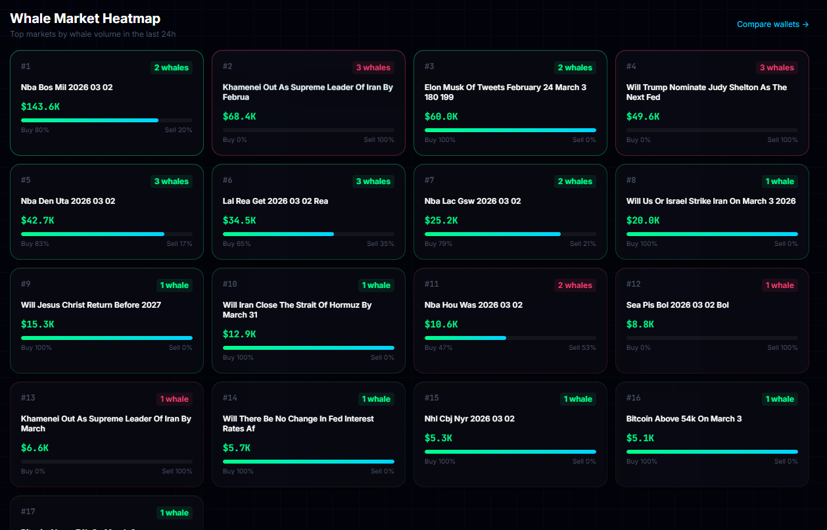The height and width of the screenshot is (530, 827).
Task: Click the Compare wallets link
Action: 772,24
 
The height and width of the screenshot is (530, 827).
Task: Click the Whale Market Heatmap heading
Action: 85,18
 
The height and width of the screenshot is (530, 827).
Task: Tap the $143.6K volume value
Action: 41,107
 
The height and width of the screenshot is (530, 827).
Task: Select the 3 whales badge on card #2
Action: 373,68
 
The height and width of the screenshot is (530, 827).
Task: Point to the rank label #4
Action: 631,66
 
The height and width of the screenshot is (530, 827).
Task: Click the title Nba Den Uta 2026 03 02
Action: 68,201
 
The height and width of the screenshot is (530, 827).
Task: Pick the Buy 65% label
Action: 234,244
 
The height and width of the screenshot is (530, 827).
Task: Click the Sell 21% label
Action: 582,244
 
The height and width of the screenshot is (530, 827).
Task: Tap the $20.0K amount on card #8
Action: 643,220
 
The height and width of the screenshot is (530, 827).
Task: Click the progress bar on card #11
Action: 510,338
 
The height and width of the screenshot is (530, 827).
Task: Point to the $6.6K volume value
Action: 35,448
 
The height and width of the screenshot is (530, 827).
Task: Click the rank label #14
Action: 229,398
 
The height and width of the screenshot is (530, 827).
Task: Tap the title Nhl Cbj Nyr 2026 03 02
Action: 469,419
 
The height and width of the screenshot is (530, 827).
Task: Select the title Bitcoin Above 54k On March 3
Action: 684,419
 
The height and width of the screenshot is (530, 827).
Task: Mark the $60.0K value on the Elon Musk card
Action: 441,116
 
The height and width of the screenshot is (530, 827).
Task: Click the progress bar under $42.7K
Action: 106,234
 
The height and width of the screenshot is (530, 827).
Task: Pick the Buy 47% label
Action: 438,348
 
